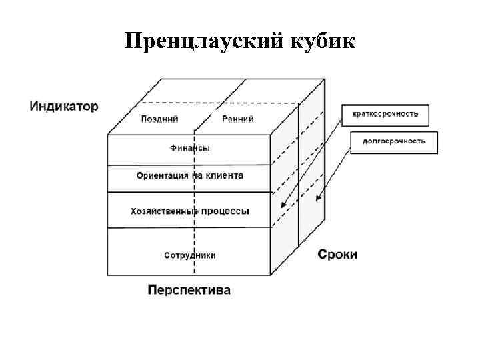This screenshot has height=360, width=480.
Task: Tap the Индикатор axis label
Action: [x=63, y=106]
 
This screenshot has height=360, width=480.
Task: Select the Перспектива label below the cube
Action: [x=189, y=290]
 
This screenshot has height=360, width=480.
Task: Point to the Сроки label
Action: [x=337, y=254]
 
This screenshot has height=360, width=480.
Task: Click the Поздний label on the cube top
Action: [x=159, y=119]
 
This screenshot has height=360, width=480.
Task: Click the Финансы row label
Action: [x=189, y=148]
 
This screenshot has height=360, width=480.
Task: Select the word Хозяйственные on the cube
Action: [x=164, y=211]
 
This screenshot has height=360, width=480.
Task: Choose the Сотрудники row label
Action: [x=189, y=255]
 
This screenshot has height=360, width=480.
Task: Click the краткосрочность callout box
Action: [x=385, y=114]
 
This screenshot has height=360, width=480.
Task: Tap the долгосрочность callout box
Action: [x=393, y=142]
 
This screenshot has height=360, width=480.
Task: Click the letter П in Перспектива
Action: [x=151, y=290]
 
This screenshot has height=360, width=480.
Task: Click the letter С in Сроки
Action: [x=321, y=254]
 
